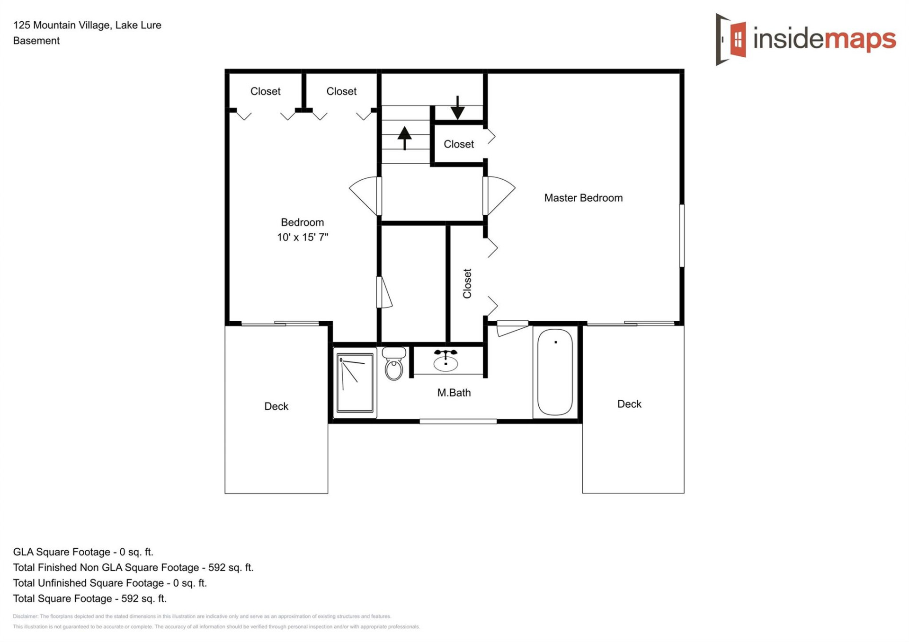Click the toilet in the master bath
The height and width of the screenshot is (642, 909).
tap(394, 365)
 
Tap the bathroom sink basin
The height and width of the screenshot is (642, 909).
tap(446, 362)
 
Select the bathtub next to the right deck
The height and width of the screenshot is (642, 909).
tap(555, 372)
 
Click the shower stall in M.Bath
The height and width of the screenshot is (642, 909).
tap(355, 383)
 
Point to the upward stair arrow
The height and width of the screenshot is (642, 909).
tap(404, 137)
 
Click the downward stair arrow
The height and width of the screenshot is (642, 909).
tap(457, 108)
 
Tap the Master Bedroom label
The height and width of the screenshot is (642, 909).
tap(583, 198)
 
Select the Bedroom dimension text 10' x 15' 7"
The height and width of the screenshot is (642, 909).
tap(303, 237)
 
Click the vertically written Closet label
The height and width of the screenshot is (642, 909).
tap(467, 283)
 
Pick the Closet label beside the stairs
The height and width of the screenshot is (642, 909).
tap(458, 144)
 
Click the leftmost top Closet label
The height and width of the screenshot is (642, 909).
tap(265, 91)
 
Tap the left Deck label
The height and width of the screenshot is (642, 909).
tap(276, 406)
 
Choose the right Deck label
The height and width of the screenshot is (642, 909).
tap(629, 404)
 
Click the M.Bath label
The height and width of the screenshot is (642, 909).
tap(454, 392)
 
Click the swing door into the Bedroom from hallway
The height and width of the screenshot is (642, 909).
tap(366, 195)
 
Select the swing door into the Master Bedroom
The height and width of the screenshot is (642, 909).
tap(499, 195)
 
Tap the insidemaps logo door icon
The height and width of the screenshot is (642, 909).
tap(731, 39)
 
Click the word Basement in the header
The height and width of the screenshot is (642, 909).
tap(36, 41)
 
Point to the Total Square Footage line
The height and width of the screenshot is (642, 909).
tap(90, 598)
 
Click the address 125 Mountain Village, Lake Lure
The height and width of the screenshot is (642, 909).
tap(87, 25)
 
